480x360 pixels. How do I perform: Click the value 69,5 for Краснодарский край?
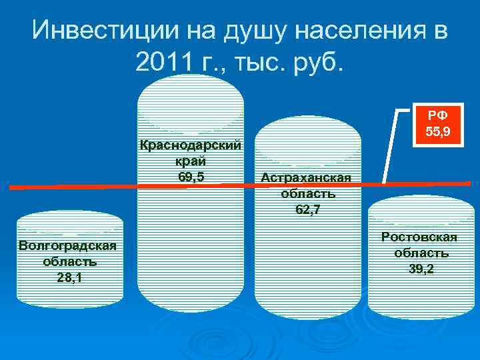tap(191, 177)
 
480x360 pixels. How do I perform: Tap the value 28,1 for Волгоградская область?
tap(70, 278)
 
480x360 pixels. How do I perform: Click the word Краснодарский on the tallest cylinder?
tap(191, 145)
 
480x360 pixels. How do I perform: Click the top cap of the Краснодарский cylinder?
tap(191, 100)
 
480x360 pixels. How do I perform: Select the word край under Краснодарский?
tap(191, 161)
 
